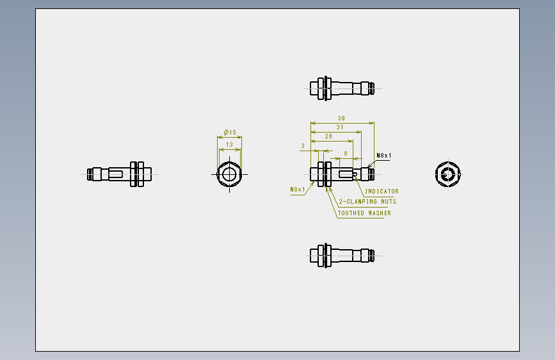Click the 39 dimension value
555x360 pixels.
pyautogui.click(x=341, y=119)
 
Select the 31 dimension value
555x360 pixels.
pyautogui.click(x=340, y=127)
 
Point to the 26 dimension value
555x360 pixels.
pyautogui.click(x=328, y=136)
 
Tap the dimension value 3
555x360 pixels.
pyautogui.click(x=303, y=145)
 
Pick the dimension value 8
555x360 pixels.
pyautogui.click(x=346, y=154)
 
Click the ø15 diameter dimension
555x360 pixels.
pyautogui.click(x=230, y=132)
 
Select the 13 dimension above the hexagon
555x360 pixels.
pyautogui.click(x=229, y=145)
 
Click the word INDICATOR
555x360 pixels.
pyautogui.click(x=382, y=192)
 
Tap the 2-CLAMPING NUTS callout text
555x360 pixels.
pyautogui.click(x=367, y=202)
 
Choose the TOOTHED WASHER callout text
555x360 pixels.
pyautogui.click(x=364, y=213)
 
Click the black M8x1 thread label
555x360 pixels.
pyautogui.click(x=384, y=156)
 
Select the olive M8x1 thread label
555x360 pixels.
pyautogui.click(x=298, y=190)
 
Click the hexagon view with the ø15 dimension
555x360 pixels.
pyautogui.click(x=229, y=174)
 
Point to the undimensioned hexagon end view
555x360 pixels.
pyautogui.click(x=447, y=174)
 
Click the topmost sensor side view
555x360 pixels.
pyautogui.click(x=342, y=88)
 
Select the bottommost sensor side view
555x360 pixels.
pyautogui.click(x=342, y=256)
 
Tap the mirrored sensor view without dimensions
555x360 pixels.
pyautogui.click(x=119, y=174)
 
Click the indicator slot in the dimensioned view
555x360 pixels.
pyautogui.click(x=346, y=174)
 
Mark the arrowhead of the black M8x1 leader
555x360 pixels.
pyautogui.click(x=369, y=167)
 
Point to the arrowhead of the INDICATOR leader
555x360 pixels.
pyautogui.click(x=355, y=176)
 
